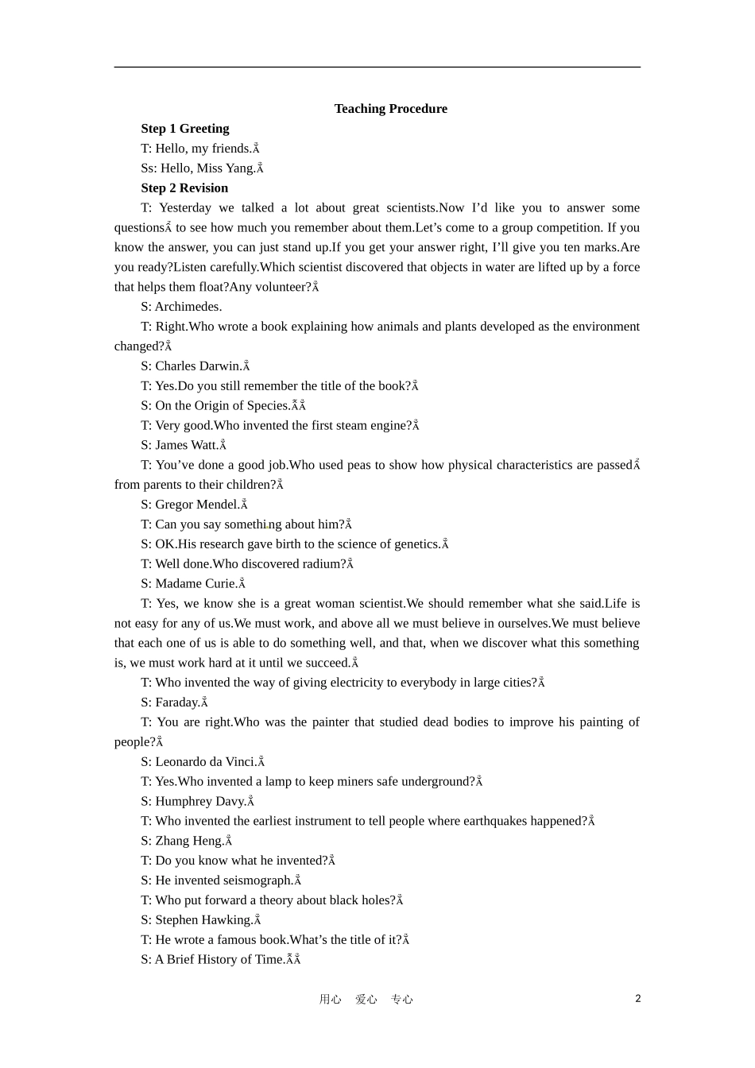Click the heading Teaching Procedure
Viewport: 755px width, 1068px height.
[390, 109]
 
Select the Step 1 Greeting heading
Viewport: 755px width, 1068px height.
[184, 129]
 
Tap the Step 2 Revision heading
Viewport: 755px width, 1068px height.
[184, 188]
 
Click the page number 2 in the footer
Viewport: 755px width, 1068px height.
[637, 998]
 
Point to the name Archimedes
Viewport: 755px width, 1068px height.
[188, 307]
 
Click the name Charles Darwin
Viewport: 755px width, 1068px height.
[198, 366]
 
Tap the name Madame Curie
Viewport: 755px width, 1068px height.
[196, 584]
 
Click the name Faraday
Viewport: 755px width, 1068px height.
[176, 702]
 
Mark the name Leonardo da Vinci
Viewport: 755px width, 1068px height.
[205, 762]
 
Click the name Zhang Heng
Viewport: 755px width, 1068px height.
[189, 841]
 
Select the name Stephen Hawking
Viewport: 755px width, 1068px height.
[203, 920]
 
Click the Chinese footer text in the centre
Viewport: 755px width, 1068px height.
[366, 999]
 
